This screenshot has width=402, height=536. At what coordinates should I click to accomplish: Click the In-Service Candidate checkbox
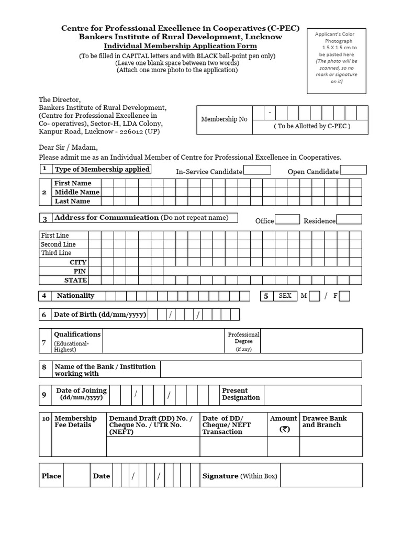pyautogui.click(x=257, y=170)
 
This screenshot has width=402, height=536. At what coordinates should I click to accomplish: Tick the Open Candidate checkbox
pyautogui.click(x=353, y=170)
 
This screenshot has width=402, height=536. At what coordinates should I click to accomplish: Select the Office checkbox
pyautogui.click(x=287, y=220)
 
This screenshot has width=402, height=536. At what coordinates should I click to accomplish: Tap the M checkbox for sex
pyautogui.click(x=314, y=296)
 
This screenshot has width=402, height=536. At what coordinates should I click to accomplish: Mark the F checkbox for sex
pyautogui.click(x=344, y=296)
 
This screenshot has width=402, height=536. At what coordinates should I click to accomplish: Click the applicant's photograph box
pyautogui.click(x=337, y=61)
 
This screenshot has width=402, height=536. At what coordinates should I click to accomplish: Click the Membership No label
pyautogui.click(x=224, y=119)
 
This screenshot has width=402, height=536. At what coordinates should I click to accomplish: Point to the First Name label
pyautogui.click(x=73, y=183)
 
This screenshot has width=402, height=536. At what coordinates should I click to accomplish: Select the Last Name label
pyautogui.click(x=72, y=201)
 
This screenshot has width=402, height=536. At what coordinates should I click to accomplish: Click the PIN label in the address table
pyautogui.click(x=80, y=271)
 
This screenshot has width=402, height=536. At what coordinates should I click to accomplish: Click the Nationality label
pyautogui.click(x=75, y=296)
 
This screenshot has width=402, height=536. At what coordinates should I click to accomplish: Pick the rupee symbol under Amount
pyautogui.click(x=284, y=429)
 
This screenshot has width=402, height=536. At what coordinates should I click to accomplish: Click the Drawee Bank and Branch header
pyautogui.click(x=325, y=422)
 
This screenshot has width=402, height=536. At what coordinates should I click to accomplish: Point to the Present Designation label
pyautogui.click(x=241, y=394)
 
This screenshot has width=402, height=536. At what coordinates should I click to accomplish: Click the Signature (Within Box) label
pyautogui.click(x=240, y=476)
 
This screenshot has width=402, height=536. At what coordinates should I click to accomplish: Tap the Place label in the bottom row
pyautogui.click(x=51, y=476)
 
